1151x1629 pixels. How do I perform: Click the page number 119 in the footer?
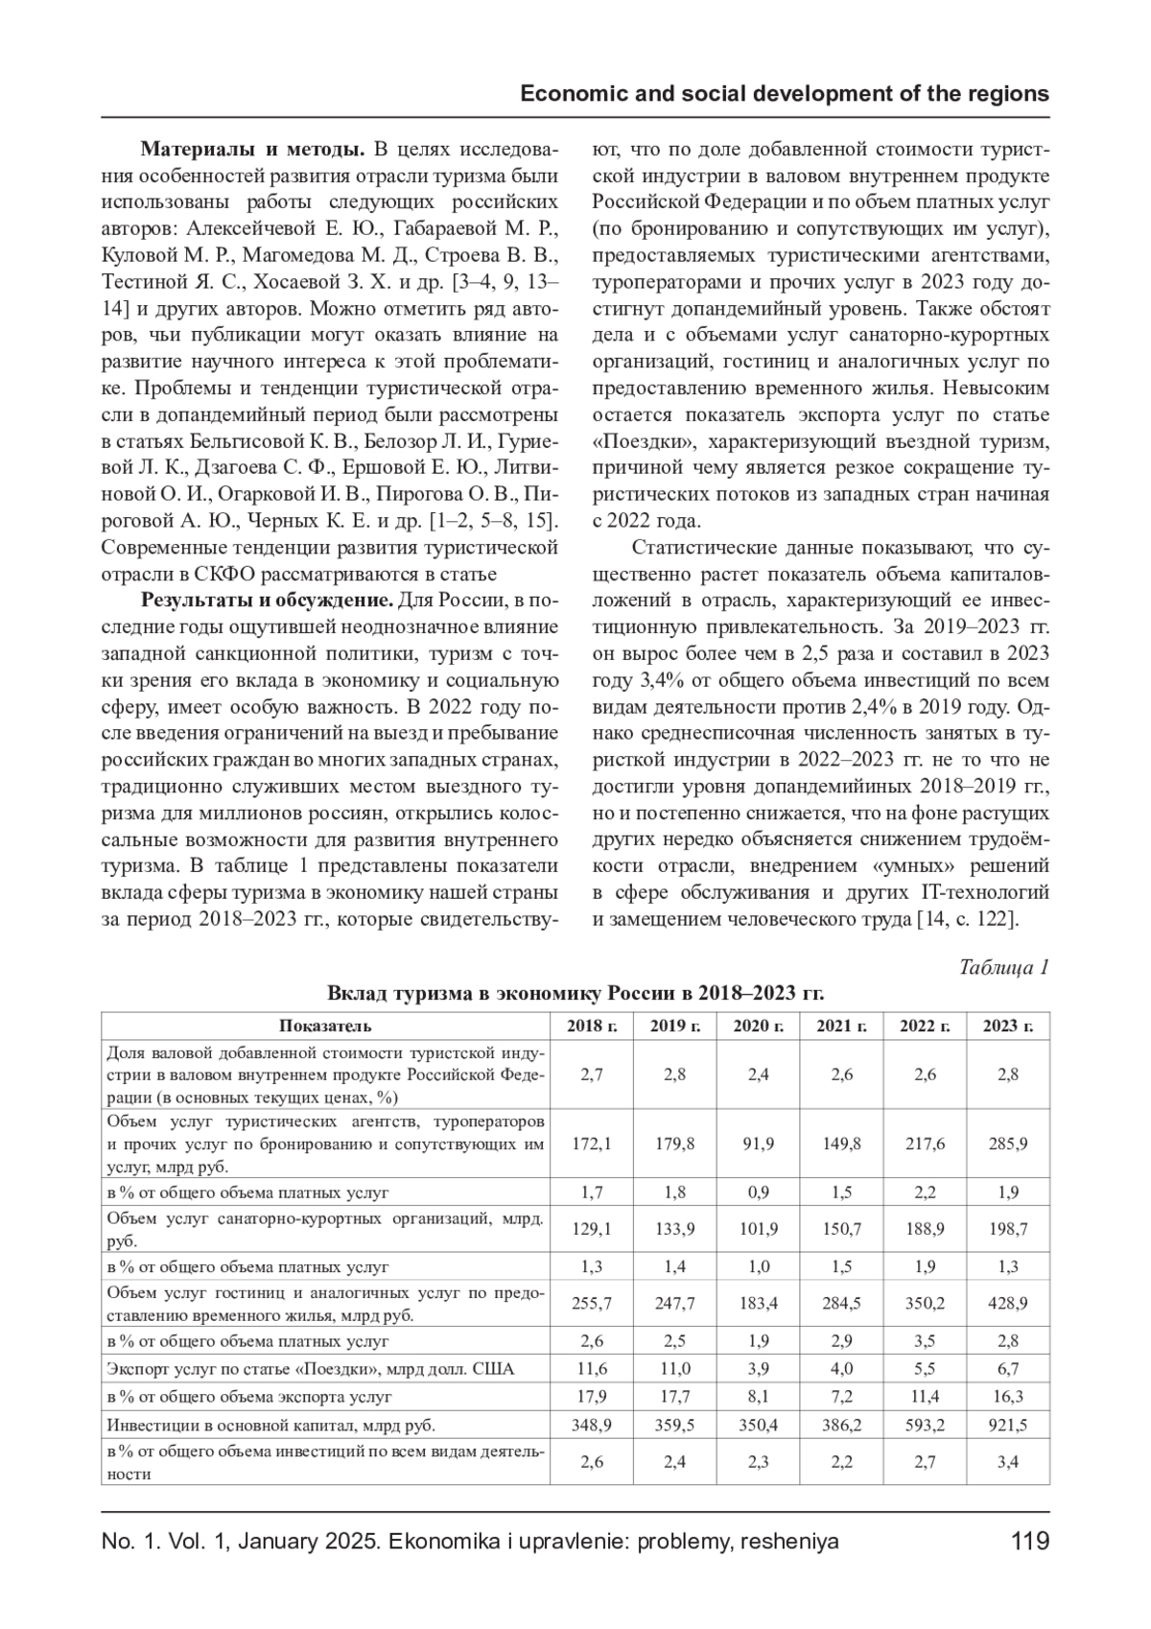(x=1030, y=1542)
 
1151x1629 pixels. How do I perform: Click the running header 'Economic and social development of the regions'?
(x=784, y=94)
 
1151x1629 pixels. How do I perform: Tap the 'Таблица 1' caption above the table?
(x=1004, y=966)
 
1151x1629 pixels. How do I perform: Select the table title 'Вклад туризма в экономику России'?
(x=575, y=992)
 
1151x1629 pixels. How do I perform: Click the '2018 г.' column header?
(x=592, y=1026)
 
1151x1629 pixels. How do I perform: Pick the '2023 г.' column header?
(x=1007, y=1026)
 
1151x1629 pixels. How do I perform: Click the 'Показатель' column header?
(x=325, y=1026)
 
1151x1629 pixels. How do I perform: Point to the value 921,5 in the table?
(x=1007, y=1425)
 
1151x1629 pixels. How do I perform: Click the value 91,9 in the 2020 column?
(x=758, y=1144)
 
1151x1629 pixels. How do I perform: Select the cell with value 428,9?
(x=1007, y=1303)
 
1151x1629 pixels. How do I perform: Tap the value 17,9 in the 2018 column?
(x=592, y=1396)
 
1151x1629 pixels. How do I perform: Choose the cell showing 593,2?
(x=924, y=1425)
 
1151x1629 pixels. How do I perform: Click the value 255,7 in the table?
(x=592, y=1303)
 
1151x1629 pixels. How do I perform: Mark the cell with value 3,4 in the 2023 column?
(x=1007, y=1462)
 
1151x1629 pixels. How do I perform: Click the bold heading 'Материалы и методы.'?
(x=252, y=150)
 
